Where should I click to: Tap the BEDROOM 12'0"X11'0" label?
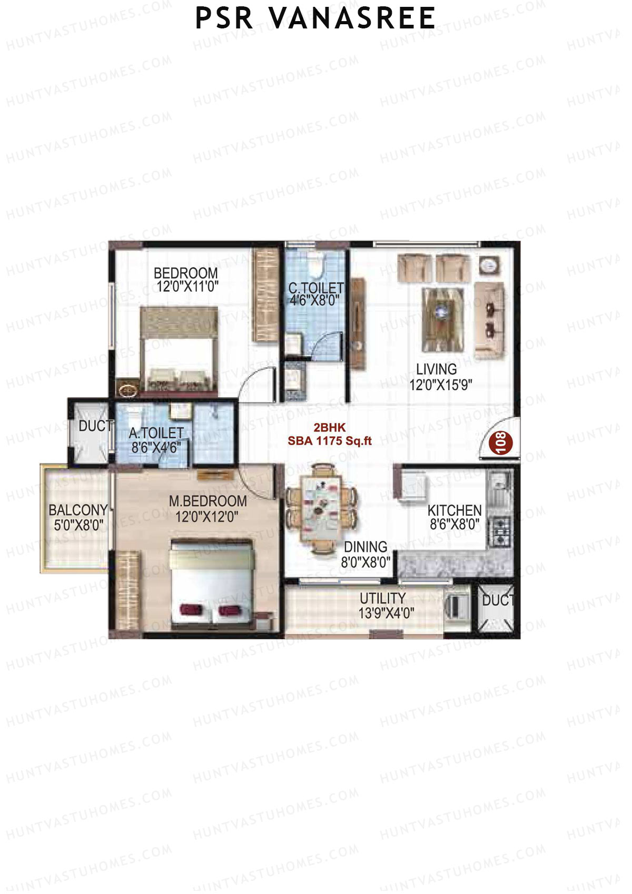(x=186, y=280)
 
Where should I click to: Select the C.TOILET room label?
(x=315, y=294)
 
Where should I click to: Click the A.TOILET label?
(x=156, y=440)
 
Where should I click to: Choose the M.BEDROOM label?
(x=208, y=508)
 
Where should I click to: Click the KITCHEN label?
(x=454, y=517)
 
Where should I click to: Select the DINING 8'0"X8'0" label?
(x=366, y=554)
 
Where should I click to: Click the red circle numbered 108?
(x=500, y=442)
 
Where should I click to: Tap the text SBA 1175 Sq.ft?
(x=329, y=441)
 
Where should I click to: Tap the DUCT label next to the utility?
(x=497, y=600)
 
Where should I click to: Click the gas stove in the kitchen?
(x=499, y=532)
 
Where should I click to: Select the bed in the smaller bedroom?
(x=179, y=350)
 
